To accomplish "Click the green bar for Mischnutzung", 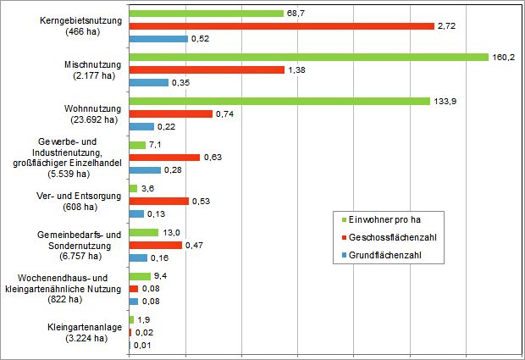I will pos(309,57).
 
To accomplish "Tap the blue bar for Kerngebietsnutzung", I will pos(158,39).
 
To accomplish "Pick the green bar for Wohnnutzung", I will pos(279,101).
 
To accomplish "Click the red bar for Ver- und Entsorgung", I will pos(159,201).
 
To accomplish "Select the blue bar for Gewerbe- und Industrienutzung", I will pos(145,169).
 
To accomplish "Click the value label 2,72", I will pos(447,26).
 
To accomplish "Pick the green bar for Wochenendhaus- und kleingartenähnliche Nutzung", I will pos(140,276).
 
